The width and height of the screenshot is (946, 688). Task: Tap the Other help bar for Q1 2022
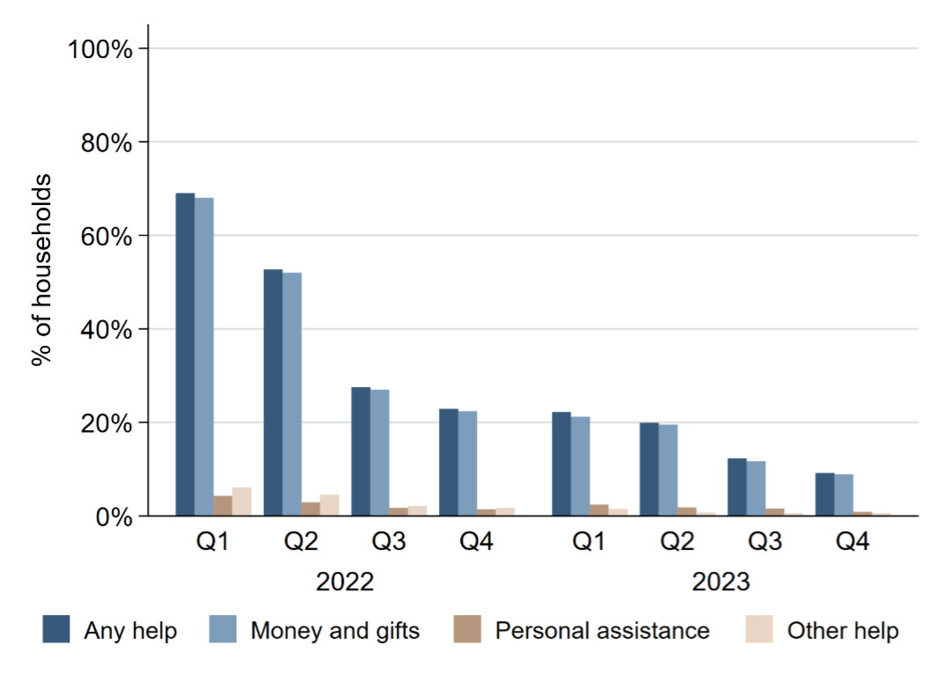pyautogui.click(x=242, y=501)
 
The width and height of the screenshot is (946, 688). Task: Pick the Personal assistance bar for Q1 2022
pyautogui.click(x=223, y=506)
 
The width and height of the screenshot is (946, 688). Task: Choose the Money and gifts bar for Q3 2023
pyautogui.click(x=755, y=488)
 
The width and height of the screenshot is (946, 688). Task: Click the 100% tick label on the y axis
pyautogui.click(x=100, y=48)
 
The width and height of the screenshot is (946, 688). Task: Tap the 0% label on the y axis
pyautogui.click(x=113, y=516)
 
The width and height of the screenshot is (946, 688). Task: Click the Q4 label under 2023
pyautogui.click(x=852, y=543)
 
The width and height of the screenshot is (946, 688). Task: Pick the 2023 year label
pyautogui.click(x=721, y=582)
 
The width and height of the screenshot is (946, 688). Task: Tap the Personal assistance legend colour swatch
pyautogui.click(x=466, y=629)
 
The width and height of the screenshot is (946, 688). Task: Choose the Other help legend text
pyautogui.click(x=843, y=630)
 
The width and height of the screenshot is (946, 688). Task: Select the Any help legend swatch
pyautogui.click(x=56, y=629)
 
